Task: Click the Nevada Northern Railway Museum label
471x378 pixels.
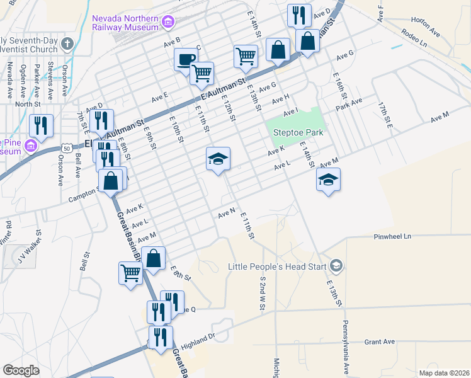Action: tap(125, 23)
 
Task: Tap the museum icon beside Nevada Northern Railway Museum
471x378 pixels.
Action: tap(168, 23)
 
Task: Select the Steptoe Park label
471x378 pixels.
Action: tap(298, 132)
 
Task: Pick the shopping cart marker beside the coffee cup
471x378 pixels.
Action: tap(201, 73)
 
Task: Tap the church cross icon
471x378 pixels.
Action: tap(67, 43)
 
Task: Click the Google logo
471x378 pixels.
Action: tap(21, 370)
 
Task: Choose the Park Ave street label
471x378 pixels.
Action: tap(348, 102)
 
